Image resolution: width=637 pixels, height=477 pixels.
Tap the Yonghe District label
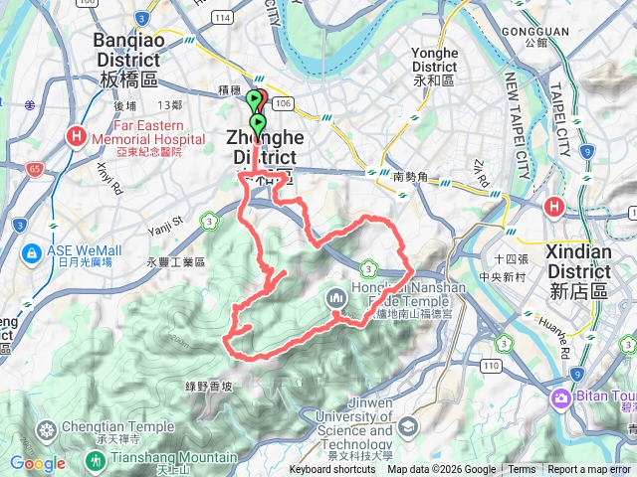(434, 61)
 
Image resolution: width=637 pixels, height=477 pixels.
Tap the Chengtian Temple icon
(46, 430)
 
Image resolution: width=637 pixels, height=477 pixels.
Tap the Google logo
(37, 463)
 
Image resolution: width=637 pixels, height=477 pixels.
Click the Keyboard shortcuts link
(332, 470)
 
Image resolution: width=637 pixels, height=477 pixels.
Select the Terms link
(522, 470)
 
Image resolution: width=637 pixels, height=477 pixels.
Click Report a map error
(589, 470)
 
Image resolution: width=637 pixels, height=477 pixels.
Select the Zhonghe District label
(264, 147)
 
